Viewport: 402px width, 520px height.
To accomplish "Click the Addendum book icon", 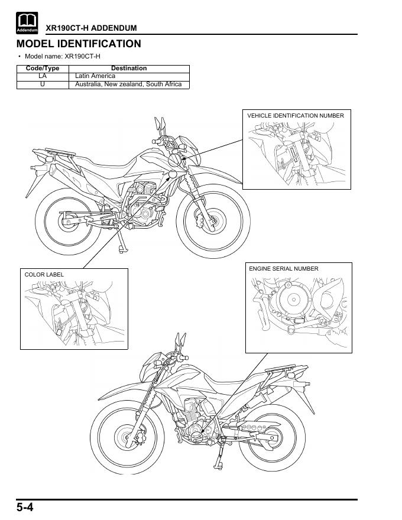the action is (x=27, y=23).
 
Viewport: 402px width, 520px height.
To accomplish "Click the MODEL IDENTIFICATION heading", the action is (x=79, y=44).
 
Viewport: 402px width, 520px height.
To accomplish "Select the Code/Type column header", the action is (x=43, y=69).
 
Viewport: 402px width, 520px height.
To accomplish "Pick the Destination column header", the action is (x=129, y=69).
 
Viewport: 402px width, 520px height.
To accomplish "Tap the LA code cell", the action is (x=43, y=76).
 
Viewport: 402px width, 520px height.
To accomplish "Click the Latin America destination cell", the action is (x=95, y=76).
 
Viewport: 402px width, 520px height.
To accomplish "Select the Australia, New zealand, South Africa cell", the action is (x=128, y=84).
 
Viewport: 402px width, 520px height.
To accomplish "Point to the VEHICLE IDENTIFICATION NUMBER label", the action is (x=296, y=116).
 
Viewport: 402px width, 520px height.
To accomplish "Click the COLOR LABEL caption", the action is (x=44, y=275).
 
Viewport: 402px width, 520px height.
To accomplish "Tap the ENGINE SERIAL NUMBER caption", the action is (x=284, y=269).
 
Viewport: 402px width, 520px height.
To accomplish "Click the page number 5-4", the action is (x=25, y=508).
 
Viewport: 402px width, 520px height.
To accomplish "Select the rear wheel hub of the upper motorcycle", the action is (x=68, y=221).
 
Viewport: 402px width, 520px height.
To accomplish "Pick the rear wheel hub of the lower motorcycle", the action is (x=273, y=438).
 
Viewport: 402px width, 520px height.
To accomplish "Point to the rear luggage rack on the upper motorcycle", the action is (x=60, y=152).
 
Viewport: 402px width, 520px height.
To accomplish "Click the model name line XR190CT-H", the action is (x=62, y=56).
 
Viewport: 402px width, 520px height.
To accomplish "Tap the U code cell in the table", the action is (x=43, y=84).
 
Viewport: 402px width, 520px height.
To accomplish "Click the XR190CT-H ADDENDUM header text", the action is (x=91, y=28).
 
